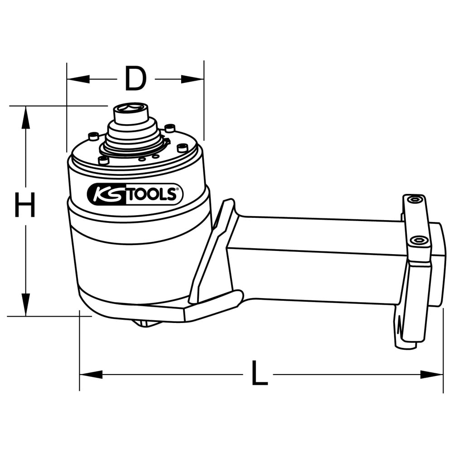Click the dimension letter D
pos(135,78)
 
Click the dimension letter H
pos(25,205)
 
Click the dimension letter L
pos(259,373)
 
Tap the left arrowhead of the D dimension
pos(78,79)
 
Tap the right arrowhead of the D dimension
pos(193,79)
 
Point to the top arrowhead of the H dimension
pos(26,117)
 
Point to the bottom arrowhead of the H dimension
pos(26,304)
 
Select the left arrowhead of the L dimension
pos(91,375)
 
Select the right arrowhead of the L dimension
pos(432,375)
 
